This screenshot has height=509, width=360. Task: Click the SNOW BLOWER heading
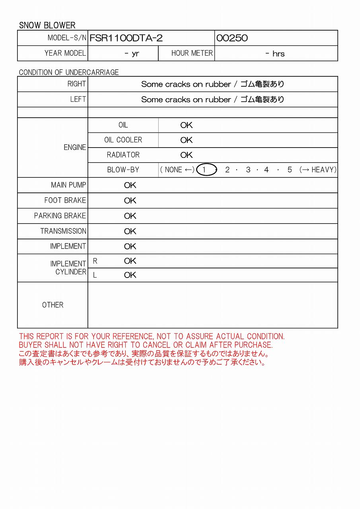point(47,25)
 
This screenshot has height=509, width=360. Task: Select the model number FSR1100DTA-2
point(126,38)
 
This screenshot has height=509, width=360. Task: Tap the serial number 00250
point(232,38)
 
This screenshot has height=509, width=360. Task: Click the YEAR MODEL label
point(65,53)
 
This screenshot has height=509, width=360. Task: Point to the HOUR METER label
point(192,53)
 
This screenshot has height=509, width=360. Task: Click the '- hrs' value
point(275,54)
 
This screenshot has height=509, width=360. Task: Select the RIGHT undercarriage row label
point(76,84)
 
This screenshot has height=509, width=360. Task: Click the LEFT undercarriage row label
point(78,99)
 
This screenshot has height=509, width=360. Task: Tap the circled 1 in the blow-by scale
point(204,170)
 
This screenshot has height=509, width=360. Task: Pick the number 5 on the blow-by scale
point(290,170)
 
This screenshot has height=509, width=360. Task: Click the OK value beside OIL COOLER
point(186,140)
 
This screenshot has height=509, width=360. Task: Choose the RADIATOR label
point(123,155)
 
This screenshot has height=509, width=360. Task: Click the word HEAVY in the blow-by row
point(323,170)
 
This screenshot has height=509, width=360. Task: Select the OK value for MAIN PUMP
point(130,185)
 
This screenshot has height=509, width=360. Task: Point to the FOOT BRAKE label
point(65,200)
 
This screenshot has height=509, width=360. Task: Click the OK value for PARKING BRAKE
point(130,216)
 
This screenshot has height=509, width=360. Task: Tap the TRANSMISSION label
point(63,231)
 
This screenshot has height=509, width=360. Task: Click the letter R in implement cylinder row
point(95,261)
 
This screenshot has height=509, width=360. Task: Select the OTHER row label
point(53,305)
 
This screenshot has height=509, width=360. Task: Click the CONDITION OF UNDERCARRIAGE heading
point(69,72)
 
